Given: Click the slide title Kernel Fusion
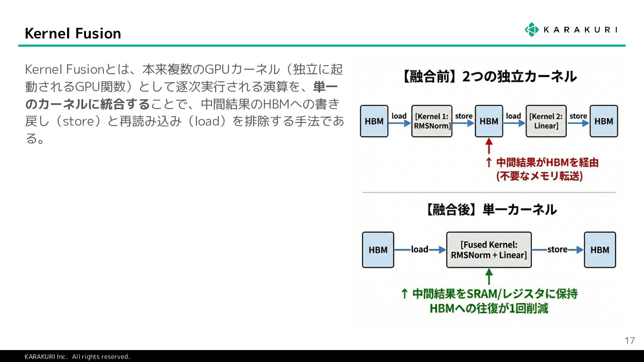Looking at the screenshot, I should tap(73, 34).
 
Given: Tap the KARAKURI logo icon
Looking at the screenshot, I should tap(531, 29).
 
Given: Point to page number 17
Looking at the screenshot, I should tap(629, 341).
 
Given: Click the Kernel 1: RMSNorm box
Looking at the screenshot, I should tap(432, 121).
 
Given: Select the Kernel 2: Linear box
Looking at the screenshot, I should tap(546, 121).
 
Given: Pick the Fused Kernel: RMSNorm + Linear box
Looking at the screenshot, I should tap(489, 250).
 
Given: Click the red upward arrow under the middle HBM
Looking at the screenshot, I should tap(489, 146).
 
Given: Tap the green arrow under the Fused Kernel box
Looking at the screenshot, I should tap(489, 276).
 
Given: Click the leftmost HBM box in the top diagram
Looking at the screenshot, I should tap(374, 121).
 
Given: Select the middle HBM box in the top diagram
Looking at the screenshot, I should tap(489, 121).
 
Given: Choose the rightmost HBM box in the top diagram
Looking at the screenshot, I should tap(603, 121).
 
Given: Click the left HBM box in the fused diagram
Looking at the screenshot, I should tap(378, 250).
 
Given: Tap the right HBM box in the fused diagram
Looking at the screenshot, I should tap(600, 250).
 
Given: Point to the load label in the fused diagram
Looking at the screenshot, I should tap(419, 249).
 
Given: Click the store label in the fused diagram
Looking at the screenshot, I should tap(557, 249).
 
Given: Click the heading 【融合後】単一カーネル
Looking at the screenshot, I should tap(490, 210).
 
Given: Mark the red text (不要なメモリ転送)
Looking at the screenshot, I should tap(539, 176).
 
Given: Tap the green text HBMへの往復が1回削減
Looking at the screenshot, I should tap(488, 308).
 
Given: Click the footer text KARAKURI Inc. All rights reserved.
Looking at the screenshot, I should tap(77, 357).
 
